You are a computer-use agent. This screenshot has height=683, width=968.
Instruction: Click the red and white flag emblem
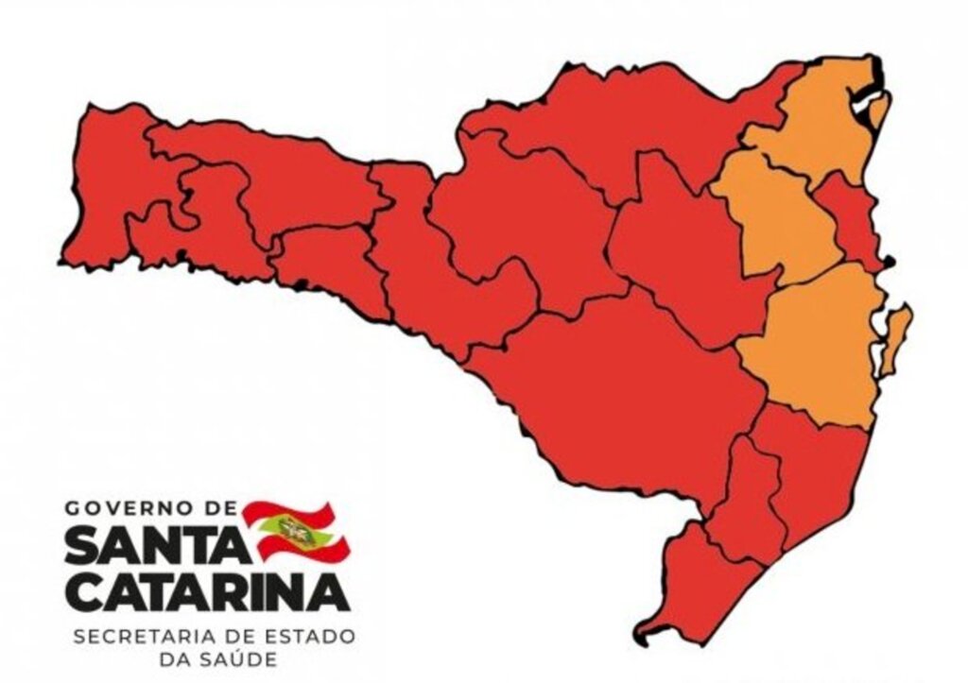tap(296, 530)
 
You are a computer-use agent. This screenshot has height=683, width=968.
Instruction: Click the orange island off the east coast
tap(894, 340)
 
